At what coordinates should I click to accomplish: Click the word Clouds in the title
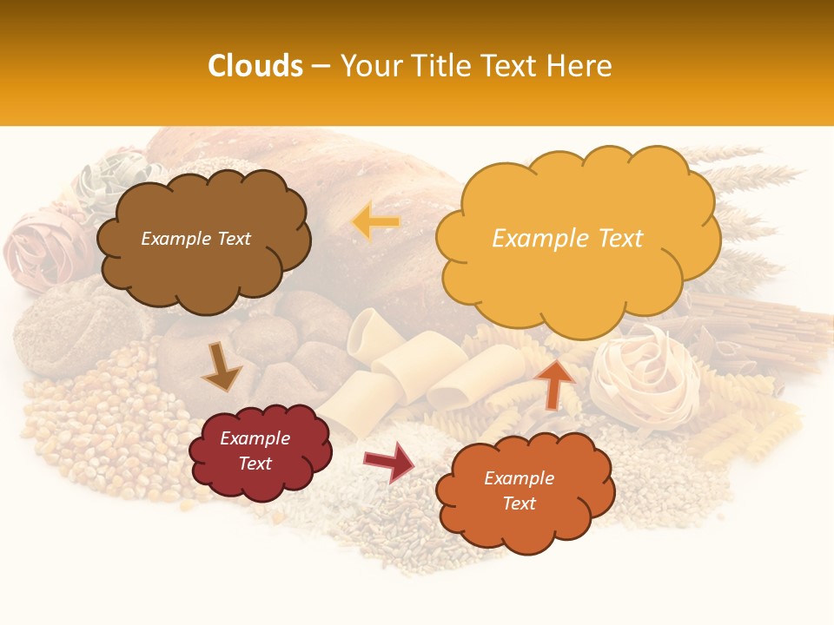[255, 66]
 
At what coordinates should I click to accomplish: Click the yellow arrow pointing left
[375, 222]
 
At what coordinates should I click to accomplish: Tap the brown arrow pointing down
[221, 368]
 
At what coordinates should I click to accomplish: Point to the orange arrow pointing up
[555, 383]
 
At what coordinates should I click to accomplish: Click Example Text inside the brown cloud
[195, 239]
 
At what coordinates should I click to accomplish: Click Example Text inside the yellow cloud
[567, 239]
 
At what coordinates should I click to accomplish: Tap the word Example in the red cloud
[255, 438]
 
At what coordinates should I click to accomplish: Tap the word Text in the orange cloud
[519, 503]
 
